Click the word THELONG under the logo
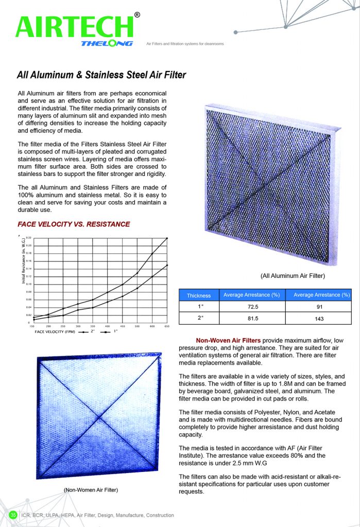[107, 43]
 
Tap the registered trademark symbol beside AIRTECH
[137, 15]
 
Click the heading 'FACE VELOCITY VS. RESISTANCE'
[74, 224]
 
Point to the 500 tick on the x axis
[138, 326]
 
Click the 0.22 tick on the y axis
[28, 238]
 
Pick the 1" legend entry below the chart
[110, 332]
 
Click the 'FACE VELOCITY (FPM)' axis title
[55, 332]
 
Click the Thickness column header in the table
[199, 295]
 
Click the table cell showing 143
[321, 319]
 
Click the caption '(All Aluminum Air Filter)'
[293, 276]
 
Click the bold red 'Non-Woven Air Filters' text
[228, 340]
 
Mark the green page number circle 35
[13, 515]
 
